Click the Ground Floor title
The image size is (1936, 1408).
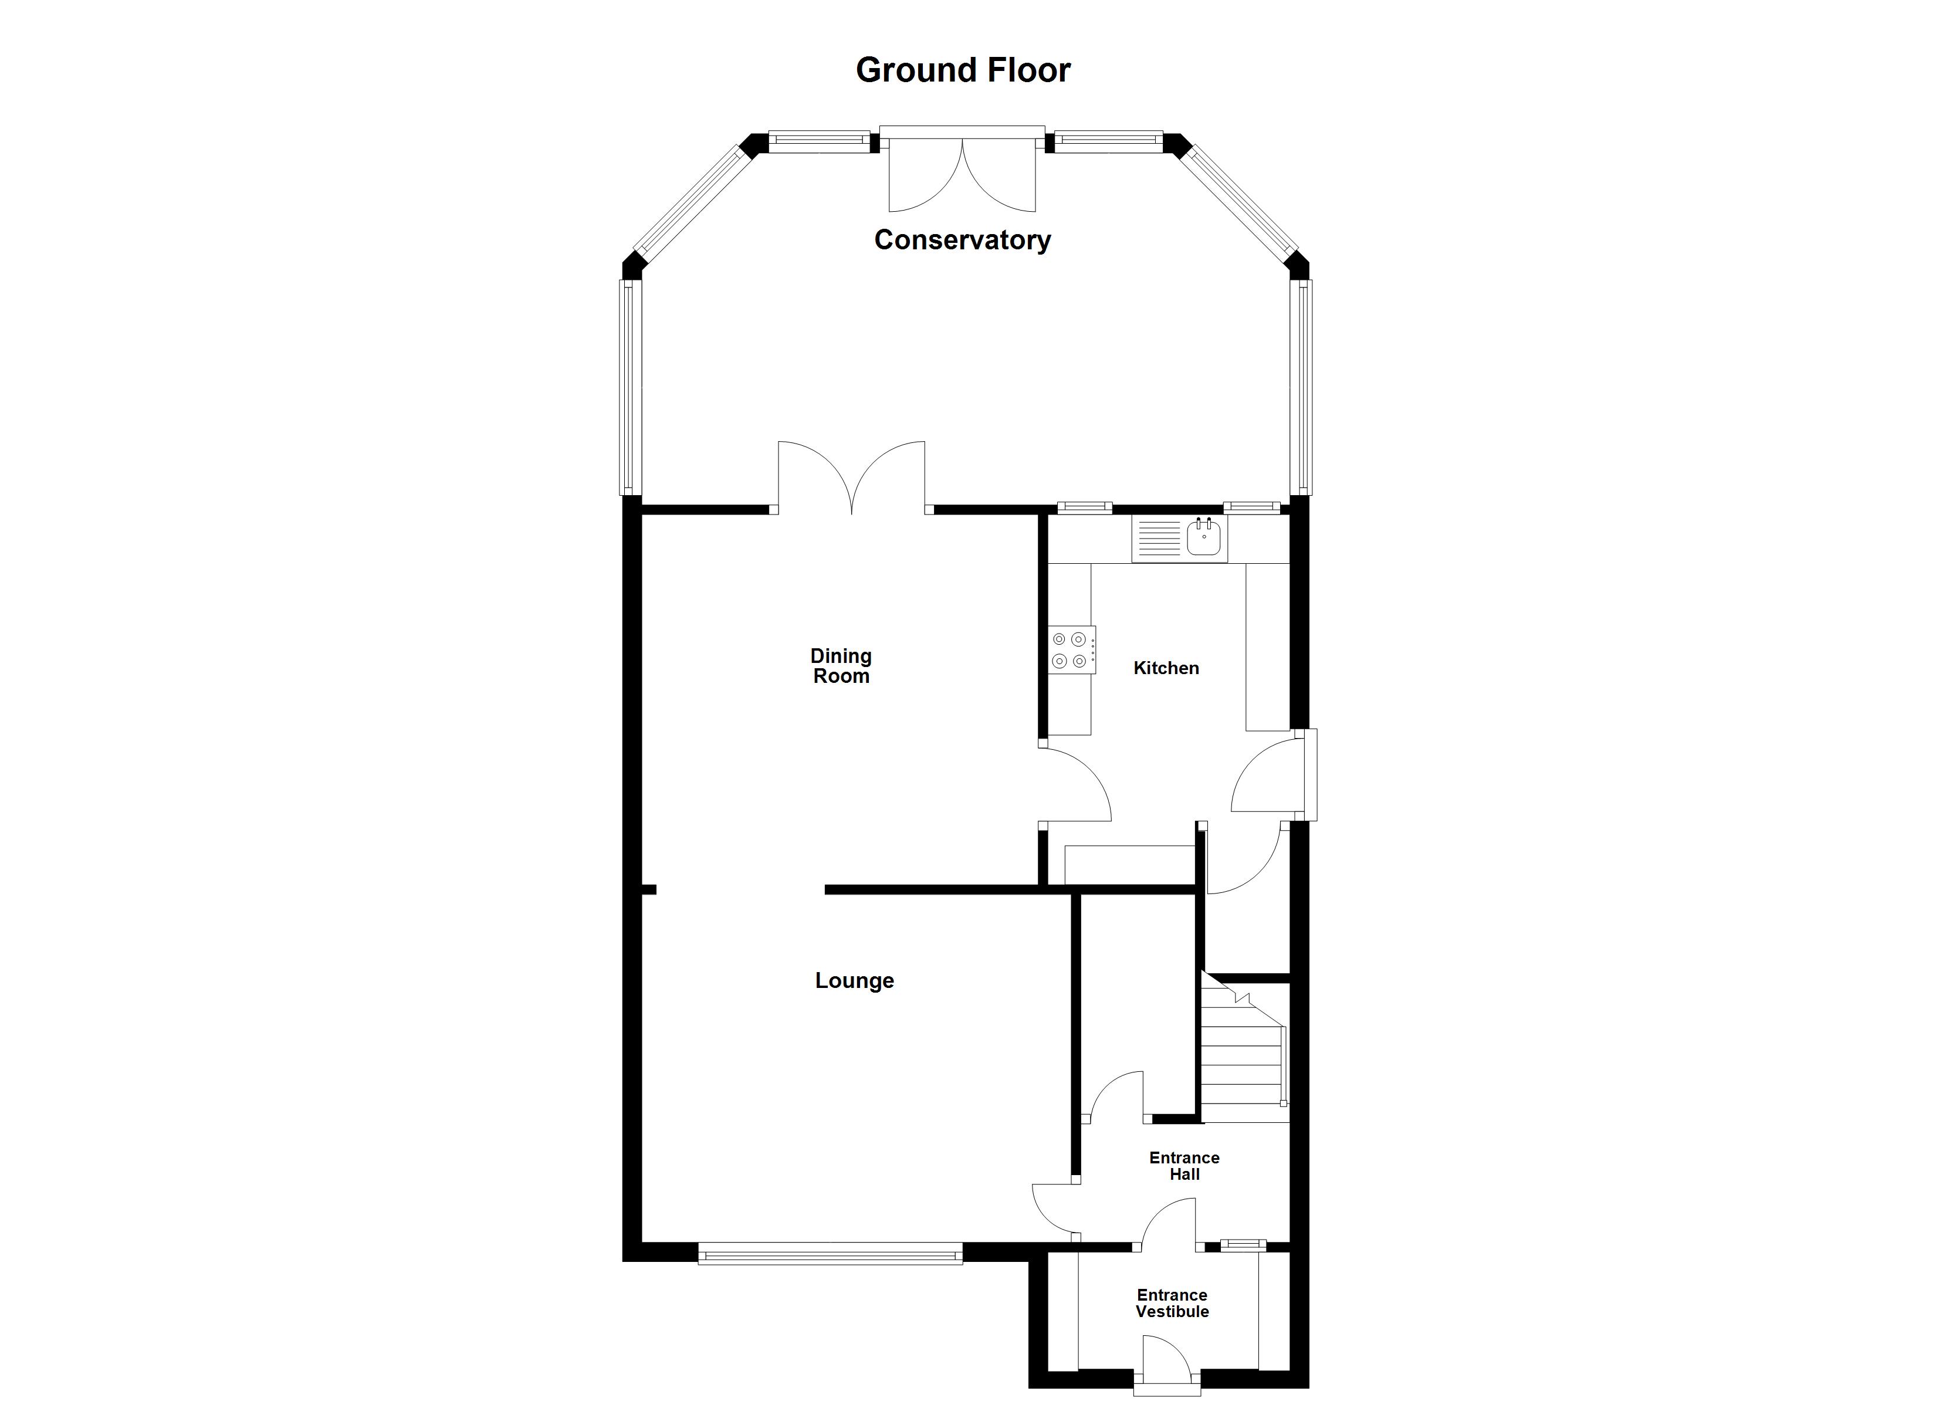963,70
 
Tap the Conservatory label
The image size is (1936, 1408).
962,240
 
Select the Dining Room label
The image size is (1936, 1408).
841,666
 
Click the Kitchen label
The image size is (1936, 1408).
1166,668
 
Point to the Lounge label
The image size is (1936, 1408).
854,980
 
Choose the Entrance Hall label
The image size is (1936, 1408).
1184,1166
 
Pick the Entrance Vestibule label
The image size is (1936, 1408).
1172,1303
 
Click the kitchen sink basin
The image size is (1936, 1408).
1204,539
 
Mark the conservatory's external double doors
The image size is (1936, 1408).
962,171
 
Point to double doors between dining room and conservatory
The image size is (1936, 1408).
851,478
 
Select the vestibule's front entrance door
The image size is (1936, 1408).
1167,1366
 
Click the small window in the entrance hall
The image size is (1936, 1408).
1243,1245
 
